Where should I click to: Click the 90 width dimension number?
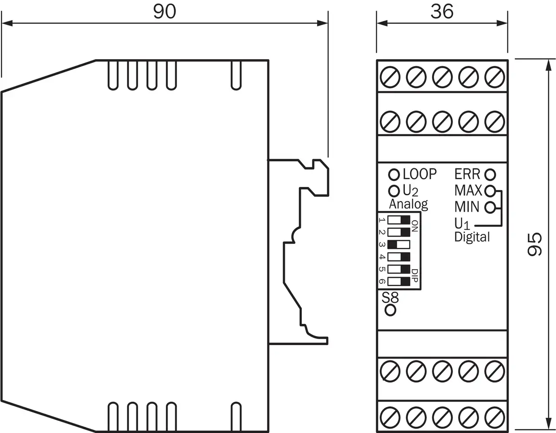tap(165, 12)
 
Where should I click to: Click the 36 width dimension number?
tap(442, 12)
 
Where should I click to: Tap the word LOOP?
tap(419, 174)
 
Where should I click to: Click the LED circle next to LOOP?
tap(394, 175)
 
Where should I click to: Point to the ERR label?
tap(467, 174)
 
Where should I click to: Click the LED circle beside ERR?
tap(490, 175)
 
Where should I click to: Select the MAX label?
tap(468, 190)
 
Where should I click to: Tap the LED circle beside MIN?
tap(490, 207)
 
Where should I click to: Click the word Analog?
tap(408, 204)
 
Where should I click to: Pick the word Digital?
tap(472, 237)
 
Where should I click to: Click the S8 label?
tap(390, 298)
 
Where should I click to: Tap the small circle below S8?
tap(391, 310)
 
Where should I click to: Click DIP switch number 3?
tap(399, 244)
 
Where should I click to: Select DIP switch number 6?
tap(399, 282)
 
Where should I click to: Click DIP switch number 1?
tap(399, 220)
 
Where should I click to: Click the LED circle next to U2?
tap(394, 190)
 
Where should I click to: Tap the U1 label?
tap(462, 224)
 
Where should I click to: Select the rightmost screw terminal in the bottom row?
tap(494, 417)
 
